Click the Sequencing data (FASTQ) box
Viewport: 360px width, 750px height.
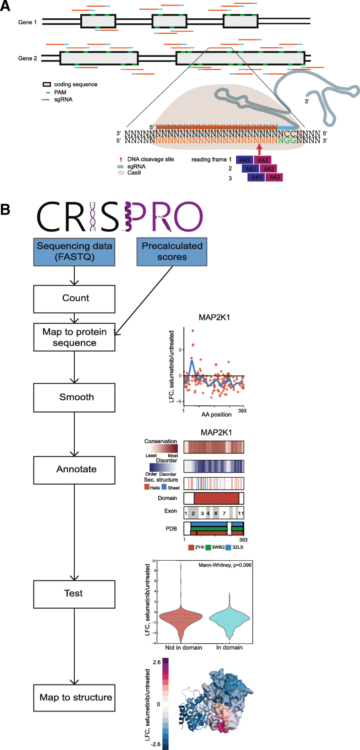tap(74, 252)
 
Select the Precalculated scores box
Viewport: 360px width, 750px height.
tap(172, 252)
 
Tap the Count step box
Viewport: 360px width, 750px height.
tap(74, 298)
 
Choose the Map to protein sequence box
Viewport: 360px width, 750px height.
tap(74, 337)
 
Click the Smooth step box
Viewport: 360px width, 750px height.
tap(74, 397)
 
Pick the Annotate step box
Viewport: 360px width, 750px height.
tap(74, 469)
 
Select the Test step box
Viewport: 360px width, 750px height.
tap(74, 594)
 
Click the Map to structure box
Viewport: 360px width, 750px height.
tap(74, 698)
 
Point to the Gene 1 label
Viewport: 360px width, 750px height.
tap(28, 22)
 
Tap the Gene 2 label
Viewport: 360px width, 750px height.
tap(28, 58)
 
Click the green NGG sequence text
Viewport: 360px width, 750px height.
tap(287, 140)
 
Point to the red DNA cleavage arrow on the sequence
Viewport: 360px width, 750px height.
tap(260, 149)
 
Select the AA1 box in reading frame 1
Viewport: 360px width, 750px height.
tap(244, 160)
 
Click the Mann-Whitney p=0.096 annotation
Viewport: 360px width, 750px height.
tap(225, 565)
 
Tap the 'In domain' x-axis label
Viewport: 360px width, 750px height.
tap(229, 647)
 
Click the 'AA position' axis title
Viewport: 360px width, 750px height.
tap(216, 414)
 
